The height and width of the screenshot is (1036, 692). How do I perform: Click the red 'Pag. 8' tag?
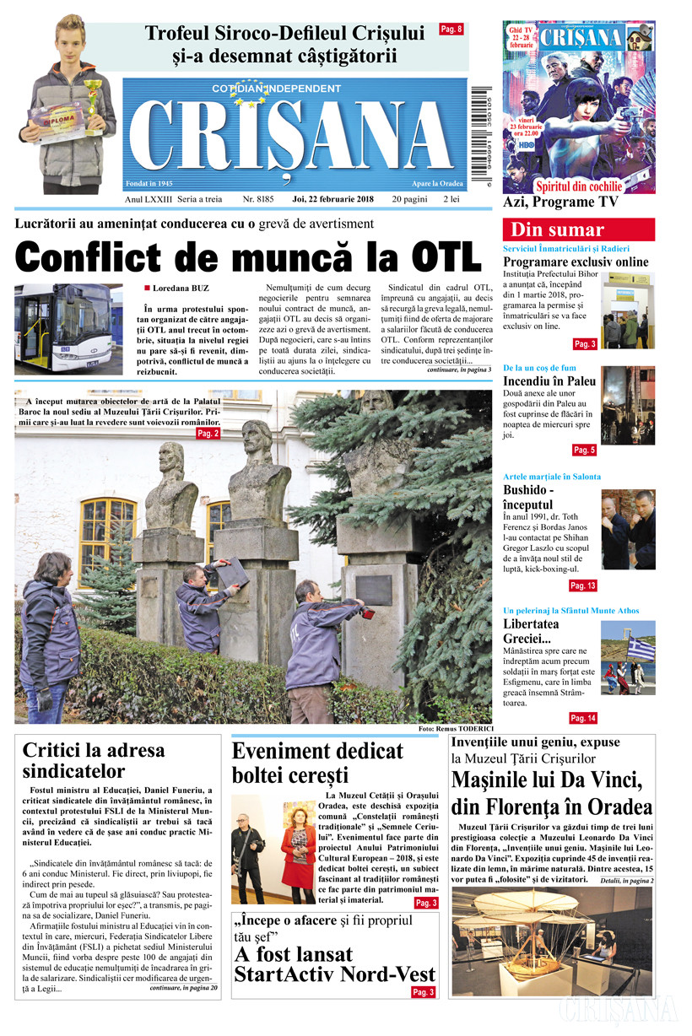click(x=451, y=30)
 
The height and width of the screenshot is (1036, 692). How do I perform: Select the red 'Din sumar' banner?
click(x=578, y=229)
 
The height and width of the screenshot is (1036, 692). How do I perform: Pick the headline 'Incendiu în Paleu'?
click(x=549, y=380)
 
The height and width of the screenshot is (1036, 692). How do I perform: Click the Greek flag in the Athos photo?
click(x=642, y=648)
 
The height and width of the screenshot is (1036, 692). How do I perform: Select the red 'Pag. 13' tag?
click(x=583, y=585)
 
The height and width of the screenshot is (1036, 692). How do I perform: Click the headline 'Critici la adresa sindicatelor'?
click(x=94, y=760)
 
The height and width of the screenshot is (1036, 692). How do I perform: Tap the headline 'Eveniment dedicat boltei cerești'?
click(x=317, y=763)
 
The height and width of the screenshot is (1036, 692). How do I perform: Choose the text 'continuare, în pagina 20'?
click(x=183, y=988)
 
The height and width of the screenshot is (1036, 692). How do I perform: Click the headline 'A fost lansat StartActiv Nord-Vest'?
click(x=335, y=965)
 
